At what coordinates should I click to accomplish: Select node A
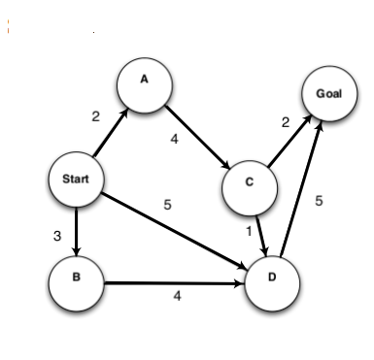143,82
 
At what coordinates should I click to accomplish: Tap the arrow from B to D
175,283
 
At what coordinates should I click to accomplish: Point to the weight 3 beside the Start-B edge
57,234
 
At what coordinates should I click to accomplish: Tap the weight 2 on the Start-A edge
95,116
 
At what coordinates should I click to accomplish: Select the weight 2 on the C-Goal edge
286,122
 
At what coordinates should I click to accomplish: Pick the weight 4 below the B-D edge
176,297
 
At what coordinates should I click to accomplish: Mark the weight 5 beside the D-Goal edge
320,202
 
